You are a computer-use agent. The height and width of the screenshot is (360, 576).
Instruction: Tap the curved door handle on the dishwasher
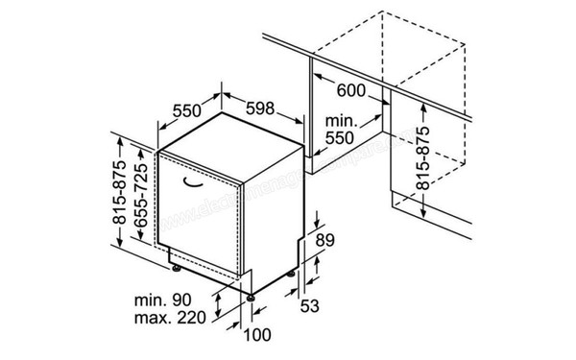[194, 179]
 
